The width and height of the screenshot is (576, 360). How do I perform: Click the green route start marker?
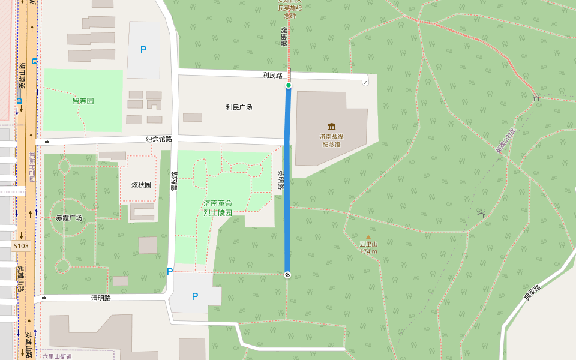coord(289,86)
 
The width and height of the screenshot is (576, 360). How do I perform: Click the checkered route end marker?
coord(287,275)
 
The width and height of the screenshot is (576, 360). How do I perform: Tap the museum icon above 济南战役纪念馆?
coord(332,126)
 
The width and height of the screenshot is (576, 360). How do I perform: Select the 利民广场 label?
coord(239,107)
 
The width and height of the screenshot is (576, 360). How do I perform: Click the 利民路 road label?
coord(272,76)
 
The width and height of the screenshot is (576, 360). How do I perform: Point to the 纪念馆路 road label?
coord(158,139)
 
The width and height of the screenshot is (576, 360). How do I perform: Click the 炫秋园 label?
coord(142,184)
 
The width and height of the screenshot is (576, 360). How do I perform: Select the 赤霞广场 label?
coord(69,218)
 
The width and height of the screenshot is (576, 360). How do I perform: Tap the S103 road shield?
coord(20,245)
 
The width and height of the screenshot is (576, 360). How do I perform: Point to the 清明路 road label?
coord(101,298)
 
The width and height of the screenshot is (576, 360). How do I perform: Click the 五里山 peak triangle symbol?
coord(368,237)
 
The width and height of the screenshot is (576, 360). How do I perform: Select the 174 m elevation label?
coord(368,251)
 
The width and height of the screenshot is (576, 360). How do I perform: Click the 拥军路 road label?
coord(532,292)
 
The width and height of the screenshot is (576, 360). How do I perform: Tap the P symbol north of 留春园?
coord(143,50)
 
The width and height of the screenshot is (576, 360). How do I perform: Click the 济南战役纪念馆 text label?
coord(332,140)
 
